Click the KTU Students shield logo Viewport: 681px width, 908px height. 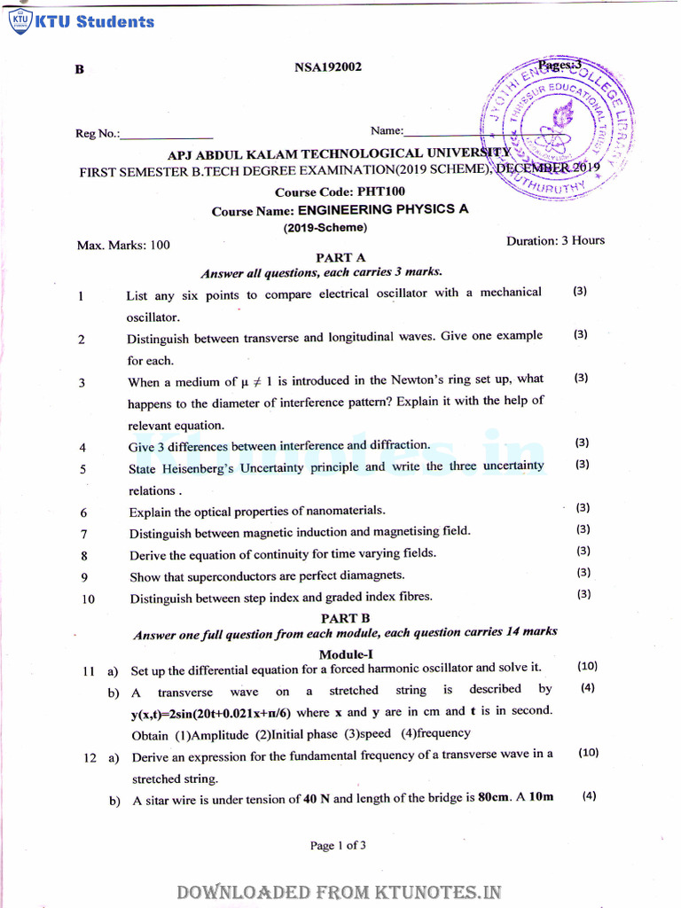coord(19,20)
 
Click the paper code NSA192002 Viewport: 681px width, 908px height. coord(327,67)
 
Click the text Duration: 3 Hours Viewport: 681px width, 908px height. coord(555,240)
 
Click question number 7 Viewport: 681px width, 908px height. coord(83,534)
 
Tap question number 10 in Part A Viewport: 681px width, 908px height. coord(88,599)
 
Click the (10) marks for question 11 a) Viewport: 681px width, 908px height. coord(587,666)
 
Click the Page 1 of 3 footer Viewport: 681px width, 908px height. coord(338,845)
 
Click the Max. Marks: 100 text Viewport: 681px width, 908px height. coord(123,245)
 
